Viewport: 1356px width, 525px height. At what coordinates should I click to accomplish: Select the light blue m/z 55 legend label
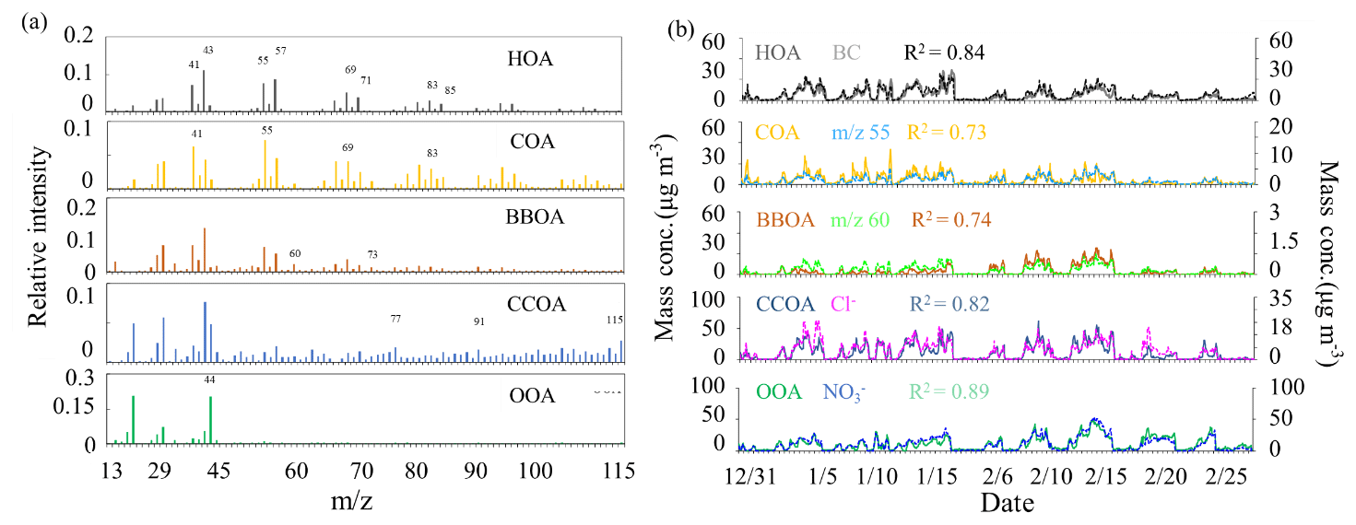point(860,133)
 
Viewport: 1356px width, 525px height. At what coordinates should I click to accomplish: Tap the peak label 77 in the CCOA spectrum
point(395,319)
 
